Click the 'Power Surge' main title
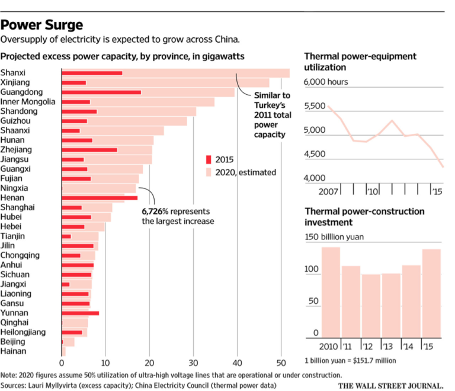click(42, 25)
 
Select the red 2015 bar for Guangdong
click(101, 92)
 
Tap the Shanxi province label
click(13, 73)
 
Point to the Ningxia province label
click(15, 188)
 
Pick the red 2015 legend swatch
click(208, 159)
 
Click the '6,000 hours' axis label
click(326, 82)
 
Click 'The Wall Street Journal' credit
click(392, 384)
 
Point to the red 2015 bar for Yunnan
click(80, 313)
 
